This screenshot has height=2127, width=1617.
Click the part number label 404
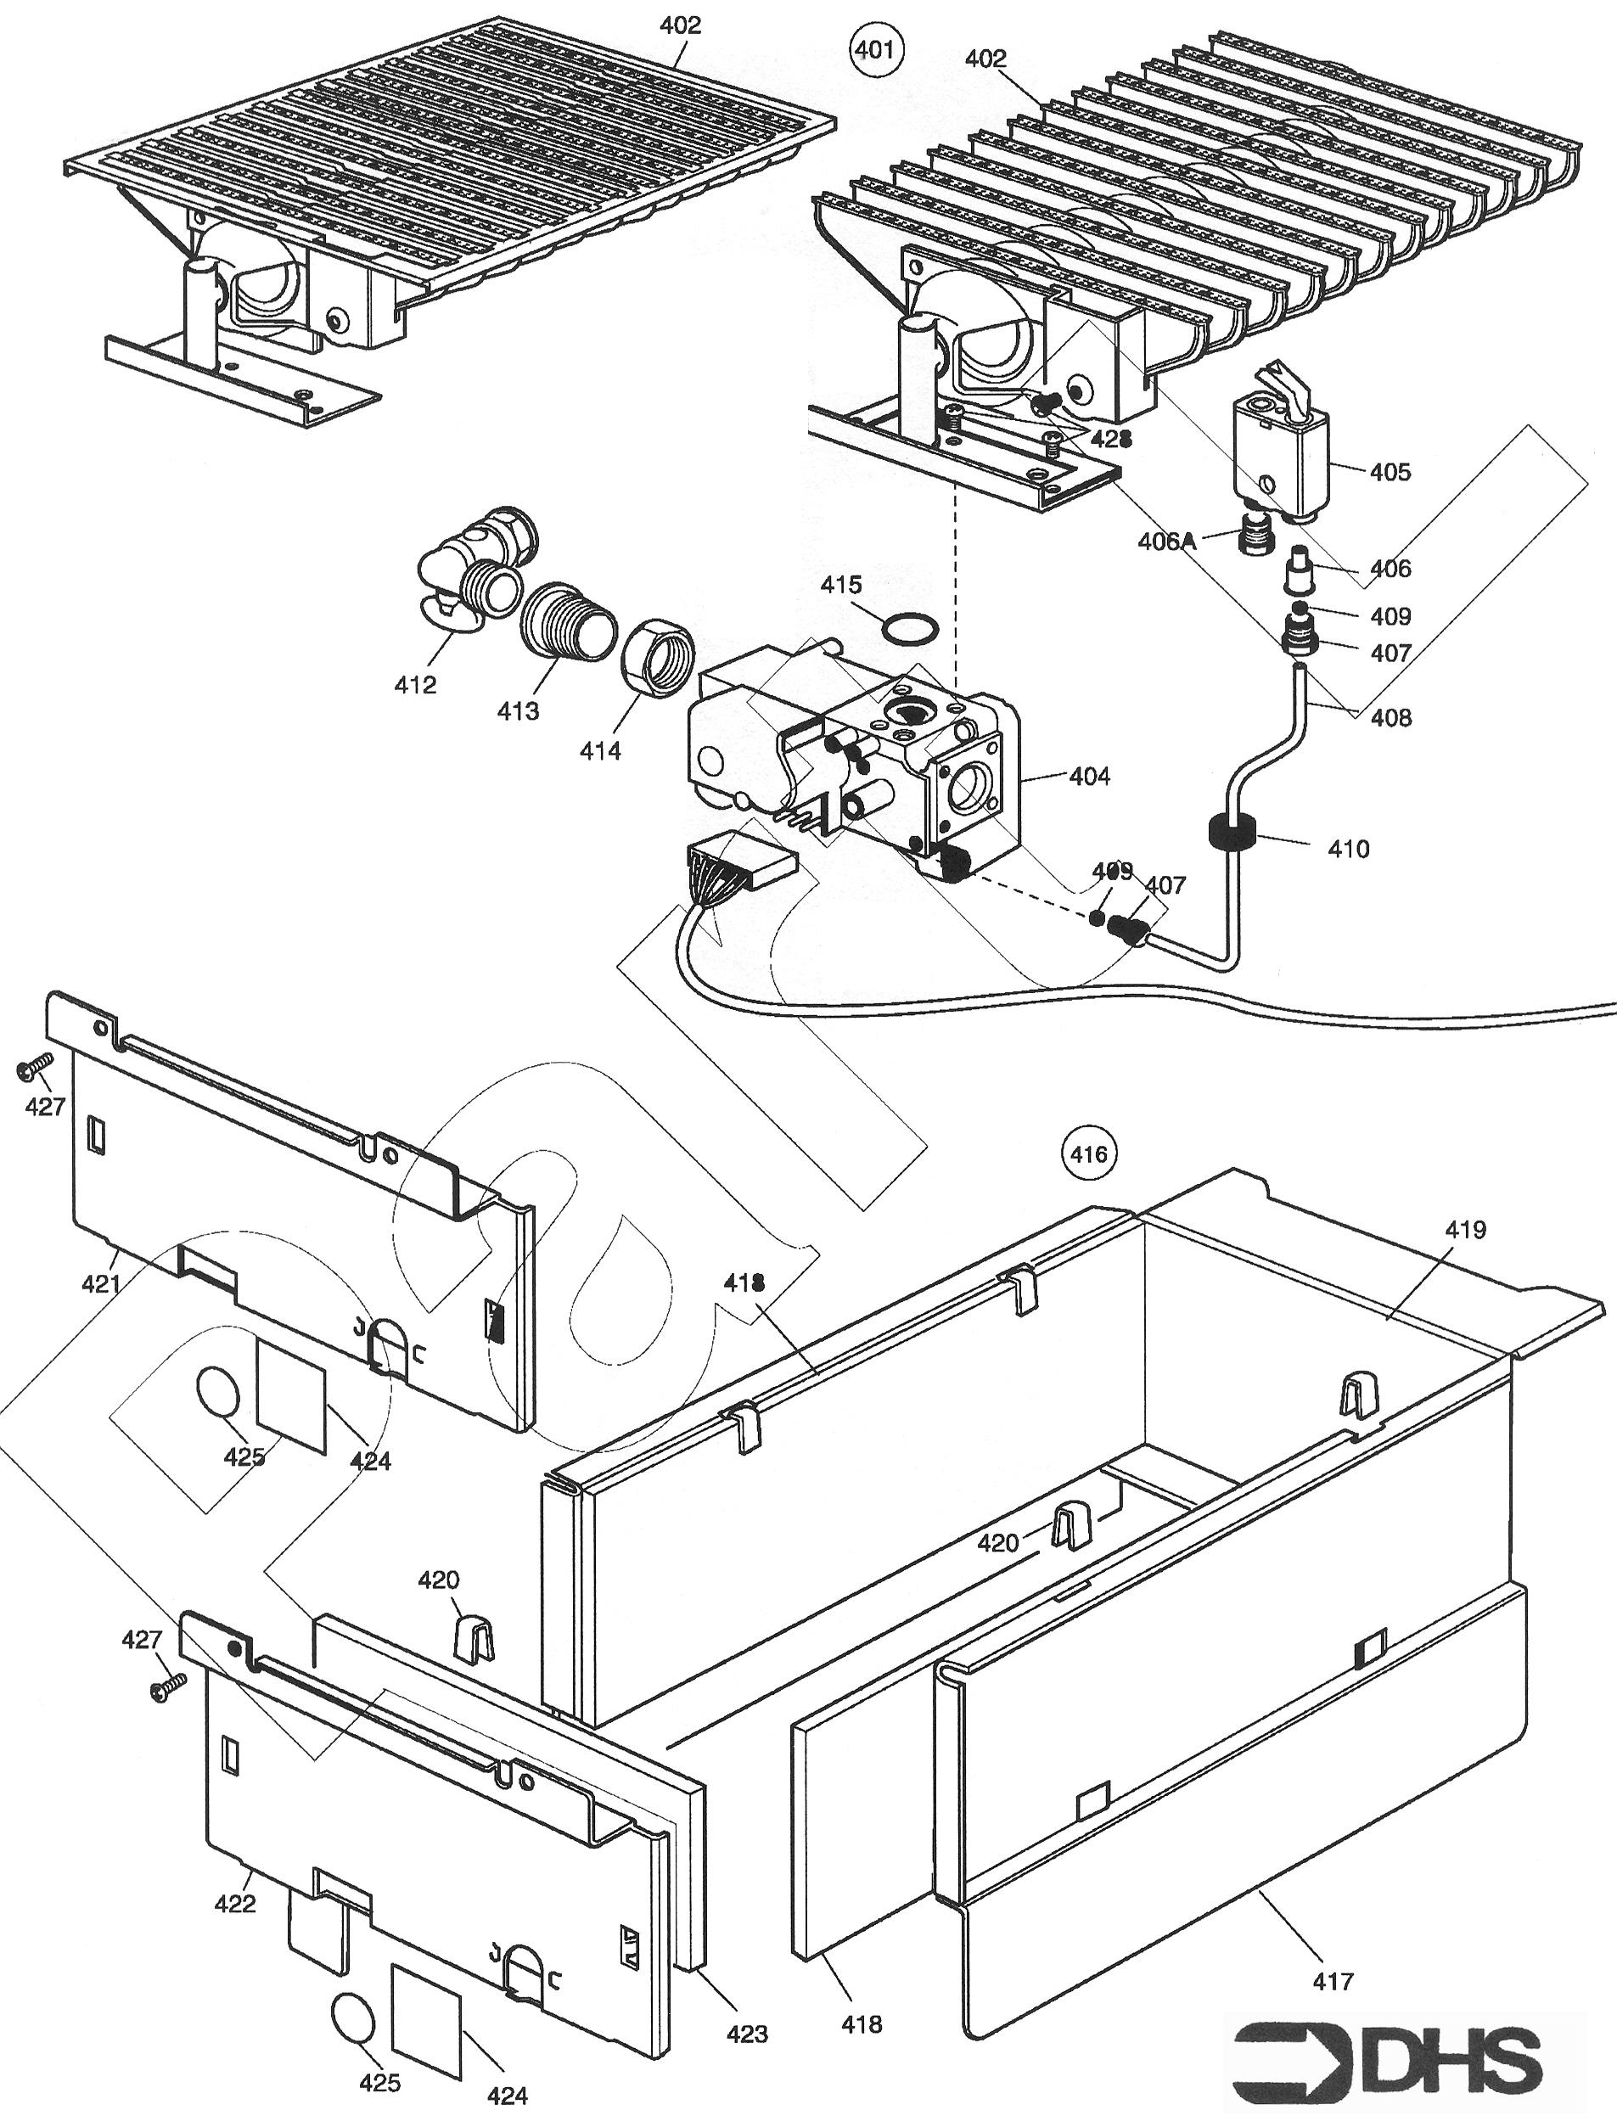[1090, 776]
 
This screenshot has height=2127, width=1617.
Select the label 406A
[1166, 542]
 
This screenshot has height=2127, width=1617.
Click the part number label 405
[1390, 472]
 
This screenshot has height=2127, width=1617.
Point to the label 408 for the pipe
[1391, 717]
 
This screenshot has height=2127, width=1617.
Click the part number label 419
[1465, 1230]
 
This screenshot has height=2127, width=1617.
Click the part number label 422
[235, 1904]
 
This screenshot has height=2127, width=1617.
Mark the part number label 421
[101, 1283]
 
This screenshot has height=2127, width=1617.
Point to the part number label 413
[518, 711]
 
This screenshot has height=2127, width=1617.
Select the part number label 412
[415, 685]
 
